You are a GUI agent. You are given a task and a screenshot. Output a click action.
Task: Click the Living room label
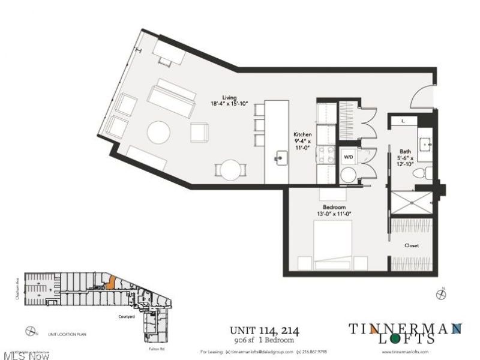tap(229, 98)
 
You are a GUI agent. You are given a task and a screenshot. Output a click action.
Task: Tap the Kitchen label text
tap(302, 135)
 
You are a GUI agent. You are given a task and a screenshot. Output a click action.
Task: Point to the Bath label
tap(405, 151)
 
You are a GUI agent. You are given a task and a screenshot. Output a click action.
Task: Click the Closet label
tap(412, 245)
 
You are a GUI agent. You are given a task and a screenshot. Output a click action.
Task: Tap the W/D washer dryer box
tap(349, 157)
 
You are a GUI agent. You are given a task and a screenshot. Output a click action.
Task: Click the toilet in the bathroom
tap(421, 173)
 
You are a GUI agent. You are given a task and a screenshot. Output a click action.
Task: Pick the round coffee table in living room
tap(158, 133)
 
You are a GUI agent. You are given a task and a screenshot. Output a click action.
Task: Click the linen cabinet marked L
tap(404, 121)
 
